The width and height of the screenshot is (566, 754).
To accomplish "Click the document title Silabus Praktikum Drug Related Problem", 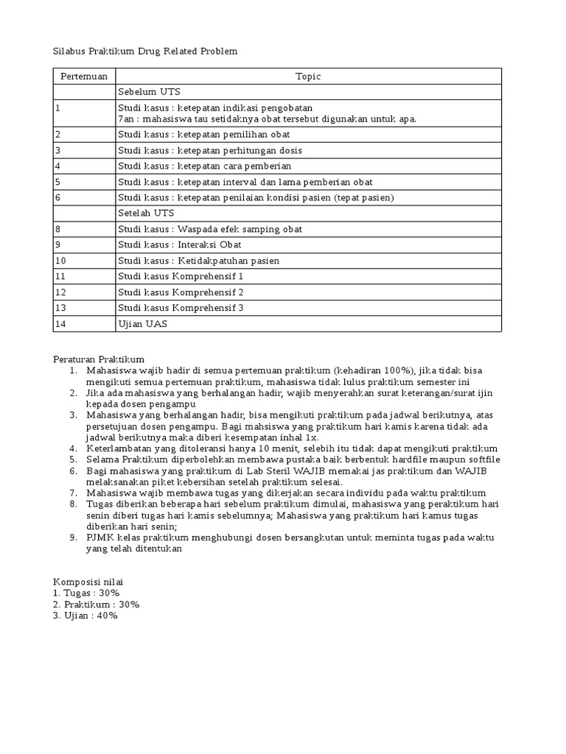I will pos(145,51).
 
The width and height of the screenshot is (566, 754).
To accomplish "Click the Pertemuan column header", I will pos(84,76).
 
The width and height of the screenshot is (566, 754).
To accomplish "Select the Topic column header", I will pos(308,76).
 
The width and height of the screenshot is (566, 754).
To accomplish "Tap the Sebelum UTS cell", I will pos(149,92).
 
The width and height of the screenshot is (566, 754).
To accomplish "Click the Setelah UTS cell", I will pos(146,213).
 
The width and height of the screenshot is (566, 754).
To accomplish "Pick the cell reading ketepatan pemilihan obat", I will pos(204,134).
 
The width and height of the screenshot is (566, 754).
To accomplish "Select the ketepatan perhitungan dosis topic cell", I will pos(210,150).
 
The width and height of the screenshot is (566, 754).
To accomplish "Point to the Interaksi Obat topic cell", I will pos(180,244).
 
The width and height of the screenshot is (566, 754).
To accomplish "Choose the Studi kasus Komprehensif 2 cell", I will pos(181,292).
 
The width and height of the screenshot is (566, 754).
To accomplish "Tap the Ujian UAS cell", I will pos(142,324).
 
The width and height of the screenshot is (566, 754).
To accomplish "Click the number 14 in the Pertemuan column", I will pos(60,324).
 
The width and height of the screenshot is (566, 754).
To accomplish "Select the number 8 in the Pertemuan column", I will pos(57,229).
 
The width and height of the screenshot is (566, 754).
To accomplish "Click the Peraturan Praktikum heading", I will pos(99,358).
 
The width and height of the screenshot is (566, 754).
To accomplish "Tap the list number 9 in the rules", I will pos(74,538).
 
